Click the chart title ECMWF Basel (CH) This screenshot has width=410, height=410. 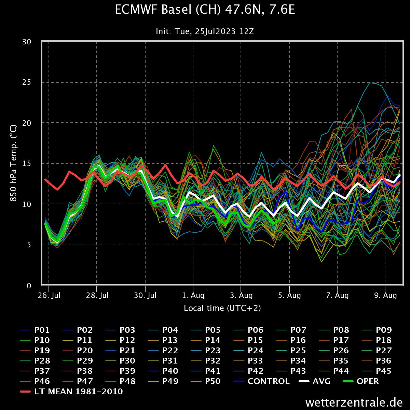coord(205,10)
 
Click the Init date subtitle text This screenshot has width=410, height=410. coord(205,31)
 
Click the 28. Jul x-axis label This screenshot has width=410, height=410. coord(97,295)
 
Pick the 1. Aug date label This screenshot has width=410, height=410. coord(193,295)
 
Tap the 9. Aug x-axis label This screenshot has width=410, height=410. coord(385,295)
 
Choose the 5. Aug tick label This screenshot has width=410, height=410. coord(289,295)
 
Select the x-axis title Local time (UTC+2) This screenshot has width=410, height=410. coord(222,308)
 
